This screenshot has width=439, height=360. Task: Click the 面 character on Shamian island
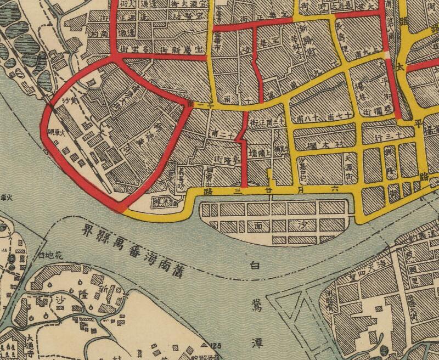257,226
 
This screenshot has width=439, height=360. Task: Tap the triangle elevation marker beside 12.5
205,344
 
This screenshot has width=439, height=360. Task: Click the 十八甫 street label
309,118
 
